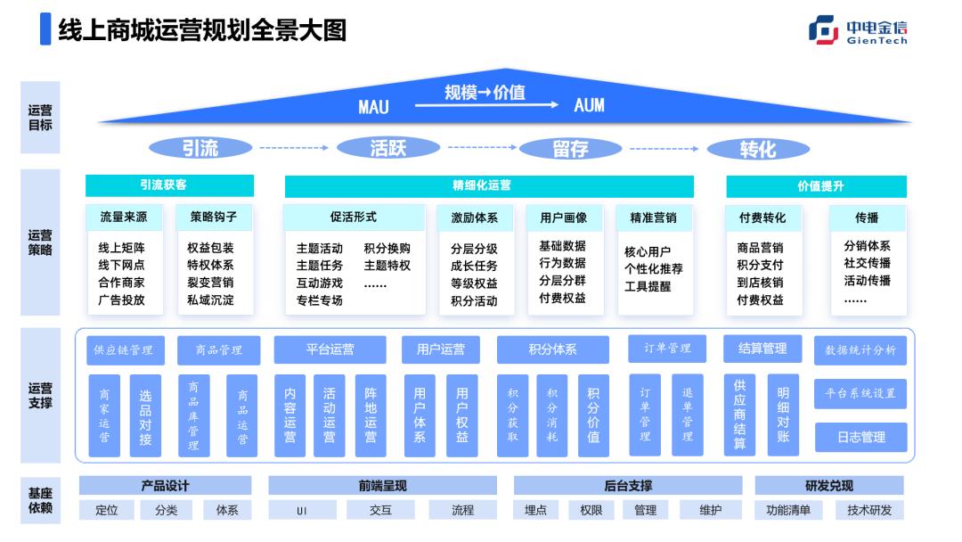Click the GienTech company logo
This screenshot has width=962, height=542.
(858, 30)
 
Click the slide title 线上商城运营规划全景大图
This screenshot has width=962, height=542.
(201, 30)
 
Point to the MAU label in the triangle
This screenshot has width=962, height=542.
(373, 107)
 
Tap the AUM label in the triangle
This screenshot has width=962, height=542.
(589, 105)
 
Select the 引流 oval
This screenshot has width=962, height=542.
(200, 148)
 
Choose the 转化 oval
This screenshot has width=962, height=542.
(758, 149)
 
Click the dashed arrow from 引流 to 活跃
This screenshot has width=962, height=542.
(294, 148)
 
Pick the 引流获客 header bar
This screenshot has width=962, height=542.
(169, 185)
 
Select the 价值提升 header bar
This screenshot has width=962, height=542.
(816, 185)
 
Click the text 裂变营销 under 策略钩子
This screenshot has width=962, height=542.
(210, 283)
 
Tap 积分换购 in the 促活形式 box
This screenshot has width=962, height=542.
(387, 249)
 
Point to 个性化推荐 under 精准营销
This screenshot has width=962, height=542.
(654, 269)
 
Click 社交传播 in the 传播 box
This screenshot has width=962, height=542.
(867, 263)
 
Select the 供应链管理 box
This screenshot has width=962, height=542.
(124, 350)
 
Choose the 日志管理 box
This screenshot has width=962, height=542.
(860, 437)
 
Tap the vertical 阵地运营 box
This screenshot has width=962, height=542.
(371, 415)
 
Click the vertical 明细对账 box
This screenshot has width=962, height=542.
(783, 415)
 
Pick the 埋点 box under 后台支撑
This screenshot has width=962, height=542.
(535, 510)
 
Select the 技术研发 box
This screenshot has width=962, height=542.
(868, 510)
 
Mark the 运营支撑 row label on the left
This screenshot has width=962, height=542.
(40, 396)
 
